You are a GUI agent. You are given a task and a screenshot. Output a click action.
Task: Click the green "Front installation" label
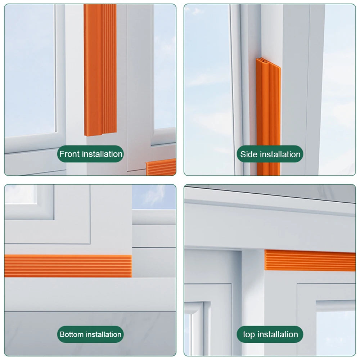[90, 154]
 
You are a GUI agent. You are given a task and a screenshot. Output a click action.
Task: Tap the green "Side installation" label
[270, 154]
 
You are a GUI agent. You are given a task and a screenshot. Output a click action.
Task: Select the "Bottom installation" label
[90, 334]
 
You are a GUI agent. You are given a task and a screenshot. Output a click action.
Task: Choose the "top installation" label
[270, 334]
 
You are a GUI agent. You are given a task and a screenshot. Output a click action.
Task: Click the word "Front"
[70, 154]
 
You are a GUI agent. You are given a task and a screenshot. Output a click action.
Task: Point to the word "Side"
[249, 154]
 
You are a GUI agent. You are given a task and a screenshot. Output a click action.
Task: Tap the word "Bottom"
[72, 334]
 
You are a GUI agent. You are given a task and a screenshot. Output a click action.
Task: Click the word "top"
[249, 335]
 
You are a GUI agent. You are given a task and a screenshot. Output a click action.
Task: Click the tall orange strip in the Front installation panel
[100, 68]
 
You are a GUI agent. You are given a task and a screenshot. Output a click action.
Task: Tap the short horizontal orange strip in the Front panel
[161, 167]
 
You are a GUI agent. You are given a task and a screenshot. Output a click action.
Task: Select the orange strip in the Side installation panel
[268, 119]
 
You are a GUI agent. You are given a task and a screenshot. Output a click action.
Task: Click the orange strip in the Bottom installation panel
[68, 266]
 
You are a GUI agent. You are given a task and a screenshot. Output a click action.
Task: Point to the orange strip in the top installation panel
[310, 260]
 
